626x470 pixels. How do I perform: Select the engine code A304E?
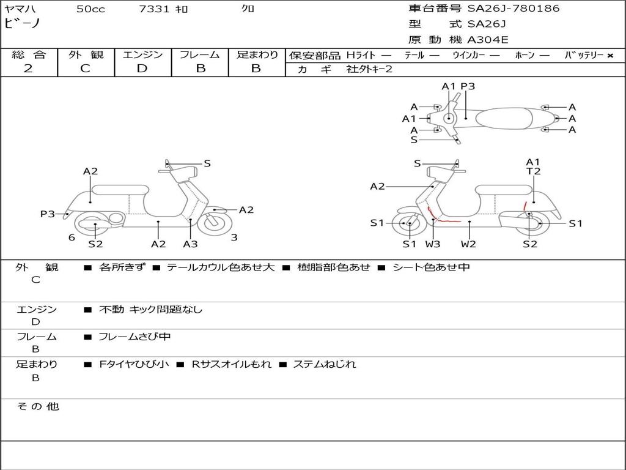(x=487, y=40)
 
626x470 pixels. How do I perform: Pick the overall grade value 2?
(x=28, y=69)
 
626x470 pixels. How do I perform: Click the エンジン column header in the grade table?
(x=142, y=55)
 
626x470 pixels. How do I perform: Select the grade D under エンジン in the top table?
(x=142, y=69)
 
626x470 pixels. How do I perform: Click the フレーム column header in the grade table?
(x=200, y=55)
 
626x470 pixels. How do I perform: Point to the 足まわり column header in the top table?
(x=257, y=55)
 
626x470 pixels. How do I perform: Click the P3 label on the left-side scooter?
(x=48, y=214)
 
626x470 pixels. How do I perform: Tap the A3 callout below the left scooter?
(x=190, y=244)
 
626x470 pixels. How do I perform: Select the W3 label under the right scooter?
(x=433, y=244)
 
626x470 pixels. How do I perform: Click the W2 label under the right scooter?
(x=468, y=244)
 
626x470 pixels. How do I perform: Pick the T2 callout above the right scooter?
(x=534, y=171)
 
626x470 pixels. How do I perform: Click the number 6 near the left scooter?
(x=72, y=237)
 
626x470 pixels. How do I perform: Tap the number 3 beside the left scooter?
(x=234, y=237)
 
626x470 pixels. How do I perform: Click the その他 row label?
(x=37, y=406)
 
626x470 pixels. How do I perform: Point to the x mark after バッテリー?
(x=610, y=56)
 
